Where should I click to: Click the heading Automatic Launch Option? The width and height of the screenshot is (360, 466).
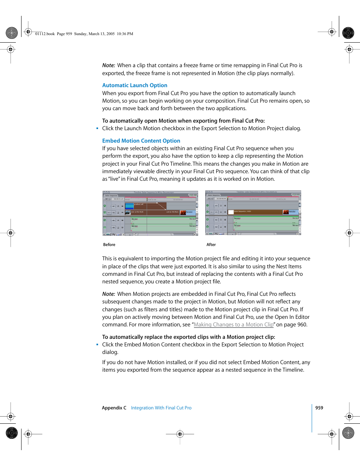coord(135,85)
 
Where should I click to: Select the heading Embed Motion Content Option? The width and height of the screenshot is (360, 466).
coord(141,141)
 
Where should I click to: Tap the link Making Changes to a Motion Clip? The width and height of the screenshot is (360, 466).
coord(234,325)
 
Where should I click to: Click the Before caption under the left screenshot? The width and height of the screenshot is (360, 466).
coord(109,245)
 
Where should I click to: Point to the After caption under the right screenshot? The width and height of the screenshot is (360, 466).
coord(211,245)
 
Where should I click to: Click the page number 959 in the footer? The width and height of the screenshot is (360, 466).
coord(319,408)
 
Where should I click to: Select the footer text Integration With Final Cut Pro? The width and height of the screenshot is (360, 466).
coord(161,408)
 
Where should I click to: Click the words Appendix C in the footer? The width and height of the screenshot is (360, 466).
coord(114,408)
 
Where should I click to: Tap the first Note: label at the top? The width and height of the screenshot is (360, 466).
coord(109,65)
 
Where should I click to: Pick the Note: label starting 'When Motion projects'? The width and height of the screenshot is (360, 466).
coord(109,294)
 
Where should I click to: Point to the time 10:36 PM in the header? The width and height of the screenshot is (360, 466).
coord(125,34)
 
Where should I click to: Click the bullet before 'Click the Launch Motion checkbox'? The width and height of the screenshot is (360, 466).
coord(97,129)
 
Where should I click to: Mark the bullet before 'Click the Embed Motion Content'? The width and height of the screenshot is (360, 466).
coord(97,345)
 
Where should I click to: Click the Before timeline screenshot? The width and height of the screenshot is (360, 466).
coord(150,213)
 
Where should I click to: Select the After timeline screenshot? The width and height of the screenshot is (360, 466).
coord(253,213)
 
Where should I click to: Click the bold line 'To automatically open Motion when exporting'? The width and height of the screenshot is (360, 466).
coord(183,121)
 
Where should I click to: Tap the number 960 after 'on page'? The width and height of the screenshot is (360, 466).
coord(302,325)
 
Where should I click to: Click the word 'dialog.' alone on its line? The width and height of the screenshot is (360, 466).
coord(110,352)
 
